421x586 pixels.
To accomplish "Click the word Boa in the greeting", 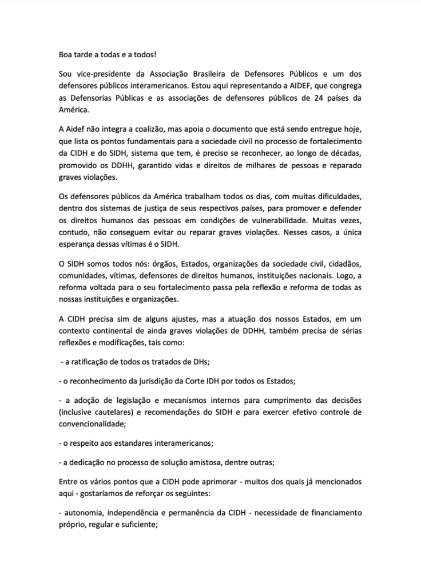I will click(66, 54).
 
